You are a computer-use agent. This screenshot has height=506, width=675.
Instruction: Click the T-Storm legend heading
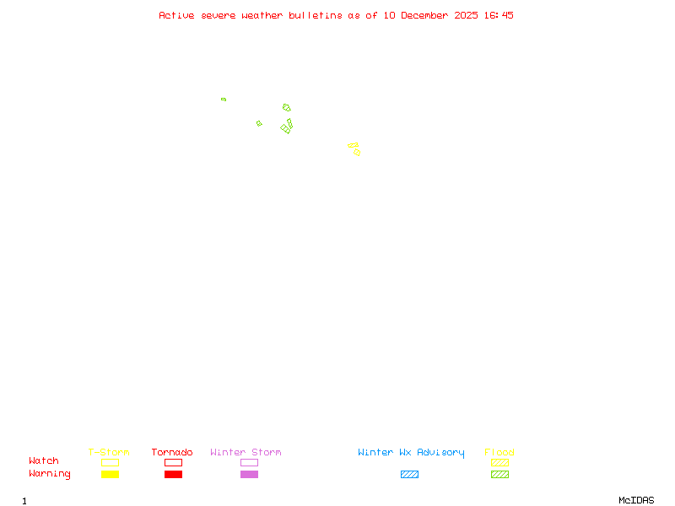tap(109, 453)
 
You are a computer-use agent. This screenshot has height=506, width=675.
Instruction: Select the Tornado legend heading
tap(172, 453)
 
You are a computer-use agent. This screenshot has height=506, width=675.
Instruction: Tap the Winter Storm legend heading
tap(246, 453)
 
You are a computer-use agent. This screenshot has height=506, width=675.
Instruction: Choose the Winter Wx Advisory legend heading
tap(411, 453)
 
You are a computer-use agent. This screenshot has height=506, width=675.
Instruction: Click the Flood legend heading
tap(499, 453)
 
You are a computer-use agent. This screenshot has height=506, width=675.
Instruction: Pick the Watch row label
tap(44, 461)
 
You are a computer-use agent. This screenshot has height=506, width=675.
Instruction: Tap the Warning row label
tap(50, 474)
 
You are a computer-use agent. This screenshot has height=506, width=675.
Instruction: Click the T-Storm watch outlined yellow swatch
tap(110, 462)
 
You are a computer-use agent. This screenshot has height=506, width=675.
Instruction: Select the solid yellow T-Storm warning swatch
tap(110, 474)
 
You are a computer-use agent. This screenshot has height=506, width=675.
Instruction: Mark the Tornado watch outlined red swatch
tap(173, 462)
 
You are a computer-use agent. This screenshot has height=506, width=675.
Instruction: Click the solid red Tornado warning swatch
tap(173, 474)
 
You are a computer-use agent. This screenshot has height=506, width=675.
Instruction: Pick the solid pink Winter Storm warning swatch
tap(249, 474)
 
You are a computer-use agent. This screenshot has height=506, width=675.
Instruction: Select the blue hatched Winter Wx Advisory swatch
tap(409, 474)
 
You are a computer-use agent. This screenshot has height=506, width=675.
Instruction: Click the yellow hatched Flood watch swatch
tap(499, 462)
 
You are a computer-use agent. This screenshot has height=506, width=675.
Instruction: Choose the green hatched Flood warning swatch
tap(499, 474)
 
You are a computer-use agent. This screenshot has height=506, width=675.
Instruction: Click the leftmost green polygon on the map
tap(224, 100)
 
